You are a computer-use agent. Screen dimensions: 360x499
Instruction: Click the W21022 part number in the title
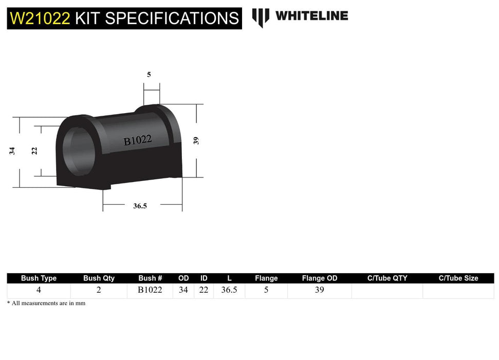pyautogui.click(x=40, y=19)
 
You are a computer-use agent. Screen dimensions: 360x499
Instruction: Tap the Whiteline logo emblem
pyautogui.click(x=261, y=17)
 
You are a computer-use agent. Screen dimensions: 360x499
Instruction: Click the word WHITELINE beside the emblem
pyautogui.click(x=311, y=16)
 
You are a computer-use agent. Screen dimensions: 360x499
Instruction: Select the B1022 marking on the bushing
pyautogui.click(x=137, y=140)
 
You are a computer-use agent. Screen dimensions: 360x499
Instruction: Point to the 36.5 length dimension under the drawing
pyautogui.click(x=140, y=206)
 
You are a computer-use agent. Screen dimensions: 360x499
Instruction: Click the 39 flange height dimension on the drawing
pyautogui.click(x=196, y=140)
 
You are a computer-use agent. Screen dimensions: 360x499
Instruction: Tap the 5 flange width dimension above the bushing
pyautogui.click(x=149, y=75)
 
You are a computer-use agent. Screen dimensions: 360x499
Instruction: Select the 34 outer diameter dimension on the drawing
pyautogui.click(x=12, y=151)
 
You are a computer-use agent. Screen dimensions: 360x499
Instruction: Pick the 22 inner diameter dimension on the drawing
pyautogui.click(x=34, y=151)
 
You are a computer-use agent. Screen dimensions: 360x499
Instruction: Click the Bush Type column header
pyautogui.click(x=39, y=278)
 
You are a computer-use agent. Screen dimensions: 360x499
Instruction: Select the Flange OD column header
pyautogui.click(x=320, y=278)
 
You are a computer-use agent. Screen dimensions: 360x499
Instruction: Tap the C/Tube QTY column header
pyautogui.click(x=387, y=278)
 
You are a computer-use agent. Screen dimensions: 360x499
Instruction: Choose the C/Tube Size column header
pyautogui.click(x=458, y=278)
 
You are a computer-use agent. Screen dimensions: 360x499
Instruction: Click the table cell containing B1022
pyautogui.click(x=150, y=290)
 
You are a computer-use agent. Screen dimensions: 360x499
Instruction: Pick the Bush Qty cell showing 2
pyautogui.click(x=99, y=290)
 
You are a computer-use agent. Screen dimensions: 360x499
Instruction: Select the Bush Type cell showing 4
pyautogui.click(x=39, y=290)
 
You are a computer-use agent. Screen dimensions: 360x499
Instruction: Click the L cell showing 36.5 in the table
pyautogui.click(x=229, y=290)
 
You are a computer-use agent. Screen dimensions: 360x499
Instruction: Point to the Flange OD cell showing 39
pyautogui.click(x=320, y=290)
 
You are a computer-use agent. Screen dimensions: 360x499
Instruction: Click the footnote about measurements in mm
pyautogui.click(x=46, y=303)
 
